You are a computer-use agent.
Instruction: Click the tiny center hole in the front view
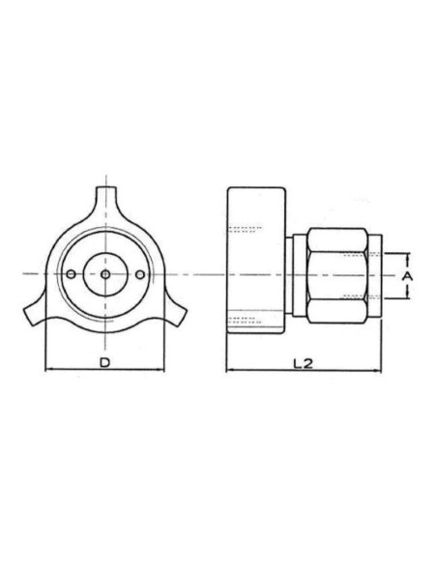[x=104, y=275]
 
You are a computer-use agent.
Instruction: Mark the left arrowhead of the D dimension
[x=49, y=371]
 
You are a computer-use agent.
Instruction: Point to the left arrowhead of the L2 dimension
[x=229, y=371]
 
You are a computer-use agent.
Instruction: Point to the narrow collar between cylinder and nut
[x=298, y=275]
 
